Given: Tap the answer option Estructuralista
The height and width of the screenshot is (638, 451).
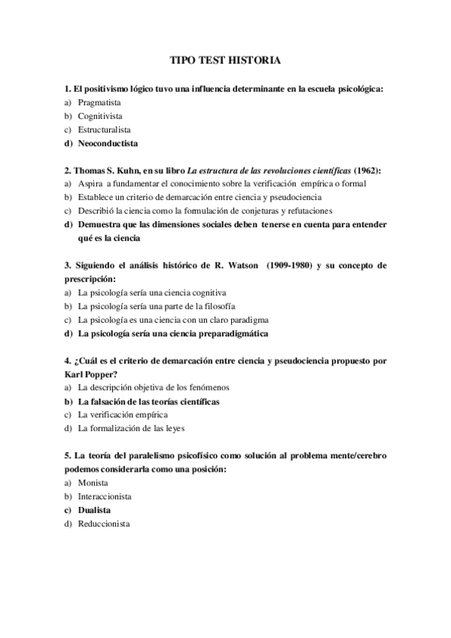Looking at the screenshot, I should point(104,129).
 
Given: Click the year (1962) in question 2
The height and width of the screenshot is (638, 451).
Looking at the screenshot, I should point(366,170).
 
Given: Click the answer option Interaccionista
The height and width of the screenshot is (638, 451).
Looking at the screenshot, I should point(105,496).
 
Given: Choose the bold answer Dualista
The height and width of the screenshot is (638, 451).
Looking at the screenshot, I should point(94,509).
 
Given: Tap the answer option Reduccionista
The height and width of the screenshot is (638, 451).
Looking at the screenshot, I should point(104,523).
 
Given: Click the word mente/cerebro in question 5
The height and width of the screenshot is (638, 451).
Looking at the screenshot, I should point(353,455).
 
